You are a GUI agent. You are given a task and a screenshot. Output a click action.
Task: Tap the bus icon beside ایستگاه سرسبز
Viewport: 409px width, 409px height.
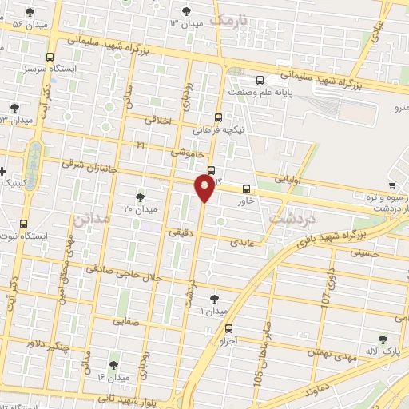(51, 58)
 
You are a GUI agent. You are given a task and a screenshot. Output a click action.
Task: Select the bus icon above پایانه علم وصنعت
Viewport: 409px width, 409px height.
(260, 80)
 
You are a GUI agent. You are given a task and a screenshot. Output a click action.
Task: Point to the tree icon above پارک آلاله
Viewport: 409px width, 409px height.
(383, 339)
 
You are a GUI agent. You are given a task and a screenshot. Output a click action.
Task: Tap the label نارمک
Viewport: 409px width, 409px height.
(232, 18)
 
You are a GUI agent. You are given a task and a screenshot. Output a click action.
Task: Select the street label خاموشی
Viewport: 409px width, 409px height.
(189, 150)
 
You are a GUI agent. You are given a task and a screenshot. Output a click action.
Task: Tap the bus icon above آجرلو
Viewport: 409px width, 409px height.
(229, 328)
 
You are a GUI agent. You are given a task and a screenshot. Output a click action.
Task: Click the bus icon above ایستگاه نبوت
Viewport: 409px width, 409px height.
(23, 224)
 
